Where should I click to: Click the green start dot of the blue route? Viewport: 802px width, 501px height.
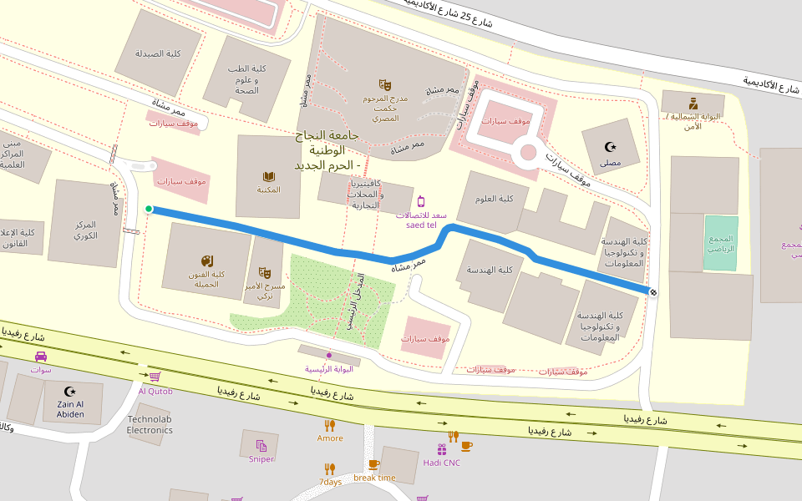click(x=149, y=210)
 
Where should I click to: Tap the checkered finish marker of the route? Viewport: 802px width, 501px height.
click(x=652, y=291)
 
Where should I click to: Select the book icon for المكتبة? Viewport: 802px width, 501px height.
click(x=269, y=176)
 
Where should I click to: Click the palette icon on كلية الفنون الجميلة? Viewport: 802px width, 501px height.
click(x=207, y=261)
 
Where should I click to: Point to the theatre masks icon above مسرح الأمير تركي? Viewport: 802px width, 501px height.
click(x=265, y=272)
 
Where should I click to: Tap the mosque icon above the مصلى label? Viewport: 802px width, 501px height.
click(x=611, y=148)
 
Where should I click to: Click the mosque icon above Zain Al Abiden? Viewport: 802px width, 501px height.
click(x=70, y=391)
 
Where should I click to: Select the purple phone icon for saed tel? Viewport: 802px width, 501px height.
click(x=421, y=201)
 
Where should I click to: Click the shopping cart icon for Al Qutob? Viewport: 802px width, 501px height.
click(x=155, y=377)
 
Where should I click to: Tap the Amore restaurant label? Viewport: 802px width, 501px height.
click(x=330, y=438)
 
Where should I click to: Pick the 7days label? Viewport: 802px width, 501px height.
click(x=330, y=482)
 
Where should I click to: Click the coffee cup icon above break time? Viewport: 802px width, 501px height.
click(x=373, y=464)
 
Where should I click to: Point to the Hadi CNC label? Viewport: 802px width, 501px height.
click(x=441, y=463)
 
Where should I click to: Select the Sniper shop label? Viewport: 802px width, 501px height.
click(x=261, y=458)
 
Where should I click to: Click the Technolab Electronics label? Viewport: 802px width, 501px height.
click(x=150, y=424)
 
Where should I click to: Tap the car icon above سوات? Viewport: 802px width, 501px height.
click(x=40, y=357)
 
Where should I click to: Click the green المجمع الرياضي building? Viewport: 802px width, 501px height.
click(x=720, y=243)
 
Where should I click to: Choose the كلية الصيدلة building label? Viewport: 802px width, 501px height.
click(x=159, y=53)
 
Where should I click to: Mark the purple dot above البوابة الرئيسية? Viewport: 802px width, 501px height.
click(x=329, y=356)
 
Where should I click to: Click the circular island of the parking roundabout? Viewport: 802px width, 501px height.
click(x=528, y=152)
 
